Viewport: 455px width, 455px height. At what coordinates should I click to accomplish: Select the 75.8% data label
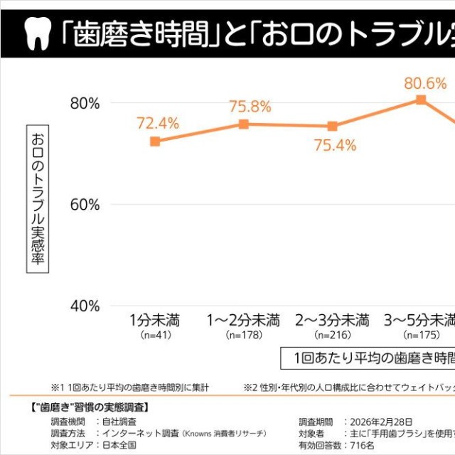[250, 107]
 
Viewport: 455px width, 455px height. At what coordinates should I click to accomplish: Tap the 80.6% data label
[425, 83]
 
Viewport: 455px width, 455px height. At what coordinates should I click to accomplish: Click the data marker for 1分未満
[155, 141]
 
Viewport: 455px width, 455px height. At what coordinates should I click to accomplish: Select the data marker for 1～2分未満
[244, 124]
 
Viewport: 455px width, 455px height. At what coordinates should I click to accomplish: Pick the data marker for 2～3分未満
[333, 127]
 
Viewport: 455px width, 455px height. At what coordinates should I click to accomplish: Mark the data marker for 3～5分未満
[421, 100]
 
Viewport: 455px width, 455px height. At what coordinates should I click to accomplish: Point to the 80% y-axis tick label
[85, 103]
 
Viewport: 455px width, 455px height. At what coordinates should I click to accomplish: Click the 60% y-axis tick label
[85, 205]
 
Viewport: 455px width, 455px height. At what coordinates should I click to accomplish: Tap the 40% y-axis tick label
[85, 306]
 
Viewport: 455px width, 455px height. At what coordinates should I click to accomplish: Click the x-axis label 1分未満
[154, 318]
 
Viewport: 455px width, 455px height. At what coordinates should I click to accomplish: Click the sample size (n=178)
[243, 334]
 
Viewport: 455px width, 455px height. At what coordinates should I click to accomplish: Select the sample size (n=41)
[154, 334]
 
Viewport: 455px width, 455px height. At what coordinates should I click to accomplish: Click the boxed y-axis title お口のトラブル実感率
[38, 199]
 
